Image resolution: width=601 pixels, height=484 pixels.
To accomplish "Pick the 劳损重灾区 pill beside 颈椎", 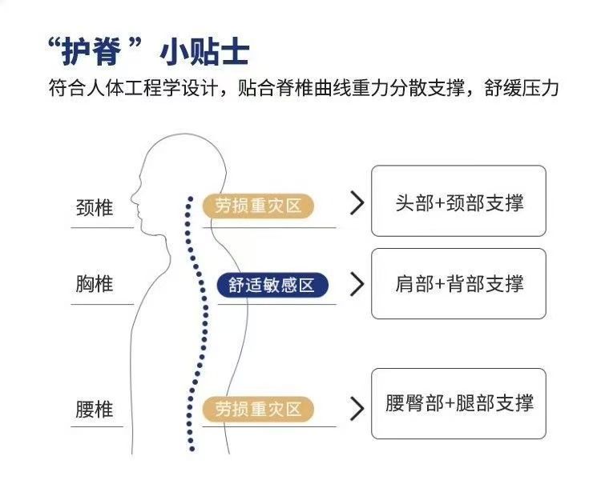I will [x=258, y=206].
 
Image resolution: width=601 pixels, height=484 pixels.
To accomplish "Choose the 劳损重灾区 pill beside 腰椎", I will [x=258, y=410].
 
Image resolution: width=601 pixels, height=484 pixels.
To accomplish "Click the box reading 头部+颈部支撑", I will [x=458, y=201].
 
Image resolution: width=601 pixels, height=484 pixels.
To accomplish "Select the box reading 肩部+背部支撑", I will [x=458, y=283].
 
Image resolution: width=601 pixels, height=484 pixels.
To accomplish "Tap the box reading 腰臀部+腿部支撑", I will [x=458, y=403].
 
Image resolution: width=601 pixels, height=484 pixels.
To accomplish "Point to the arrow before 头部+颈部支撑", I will [x=357, y=204].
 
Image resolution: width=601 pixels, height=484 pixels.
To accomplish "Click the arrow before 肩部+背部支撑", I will [x=357, y=284].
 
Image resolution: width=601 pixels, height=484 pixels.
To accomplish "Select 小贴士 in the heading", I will [x=204, y=51].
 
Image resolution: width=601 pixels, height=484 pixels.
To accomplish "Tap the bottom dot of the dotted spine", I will [x=191, y=449].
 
